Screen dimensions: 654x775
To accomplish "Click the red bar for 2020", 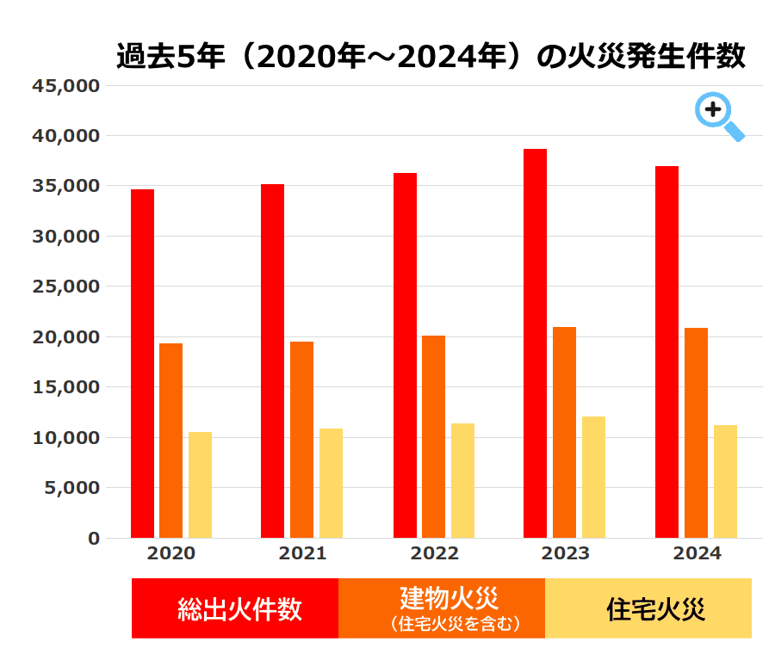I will coord(142,363).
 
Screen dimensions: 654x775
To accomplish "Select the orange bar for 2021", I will coord(301,440).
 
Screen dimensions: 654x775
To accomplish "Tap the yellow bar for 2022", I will coord(462,480).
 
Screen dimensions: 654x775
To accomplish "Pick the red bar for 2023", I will coord(535,343).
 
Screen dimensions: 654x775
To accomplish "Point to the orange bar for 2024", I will coord(696,433).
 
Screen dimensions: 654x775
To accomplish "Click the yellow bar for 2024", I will coord(725,481).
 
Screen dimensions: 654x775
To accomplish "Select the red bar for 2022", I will coord(405,355).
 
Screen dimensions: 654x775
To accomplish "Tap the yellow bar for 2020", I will coord(200,484).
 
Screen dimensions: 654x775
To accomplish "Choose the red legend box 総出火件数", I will coord(235,608).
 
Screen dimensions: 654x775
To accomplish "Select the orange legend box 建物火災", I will coord(442,608).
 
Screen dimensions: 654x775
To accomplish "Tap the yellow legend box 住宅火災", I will coord(648,608).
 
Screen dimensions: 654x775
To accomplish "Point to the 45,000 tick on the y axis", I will coord(66,86).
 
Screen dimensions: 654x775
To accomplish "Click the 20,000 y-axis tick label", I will coord(66,337).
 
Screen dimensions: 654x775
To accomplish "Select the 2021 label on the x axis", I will coord(302,553).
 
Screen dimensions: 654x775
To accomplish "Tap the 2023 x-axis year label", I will coord(566,553).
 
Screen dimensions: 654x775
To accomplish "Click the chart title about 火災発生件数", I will coord(431,57).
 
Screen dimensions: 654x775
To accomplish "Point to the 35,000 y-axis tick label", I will coord(66,186).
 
